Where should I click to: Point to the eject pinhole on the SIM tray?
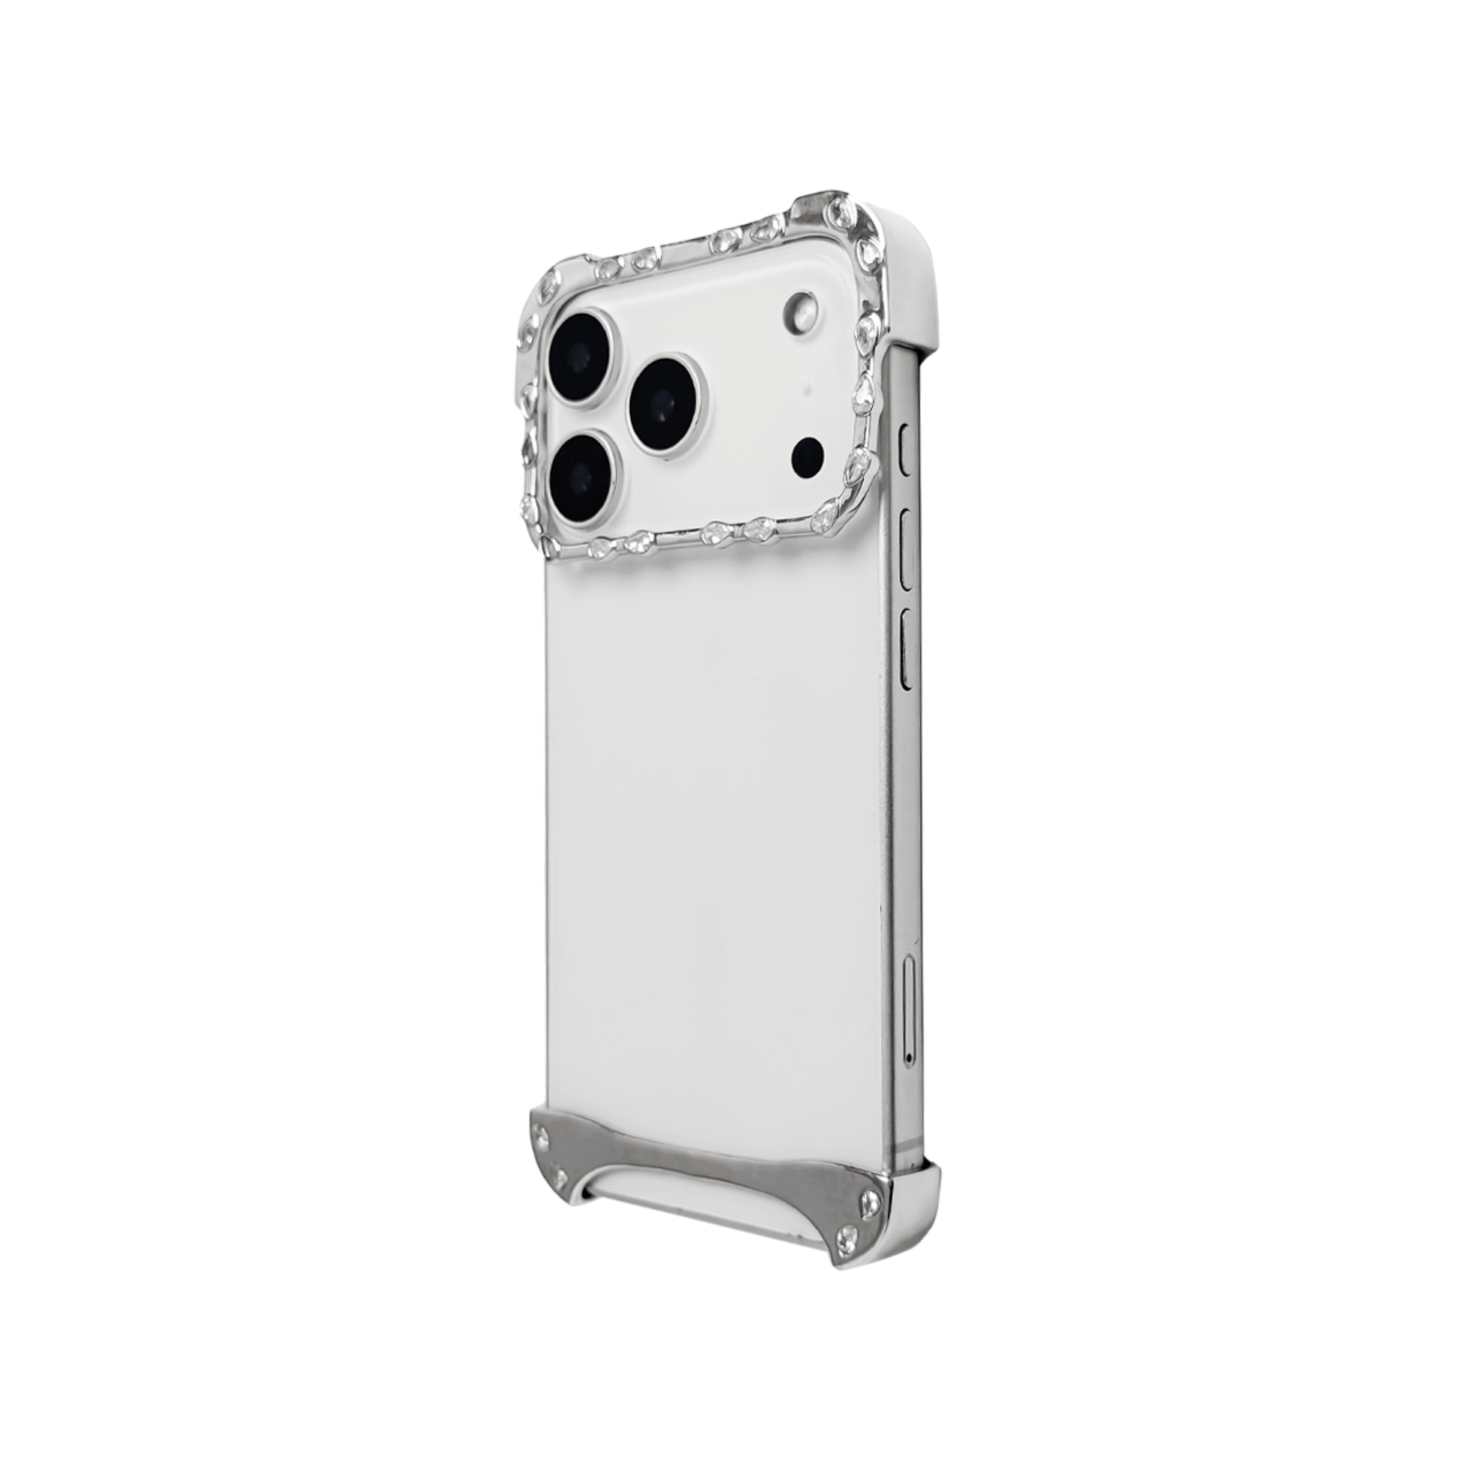click(910, 1059)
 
